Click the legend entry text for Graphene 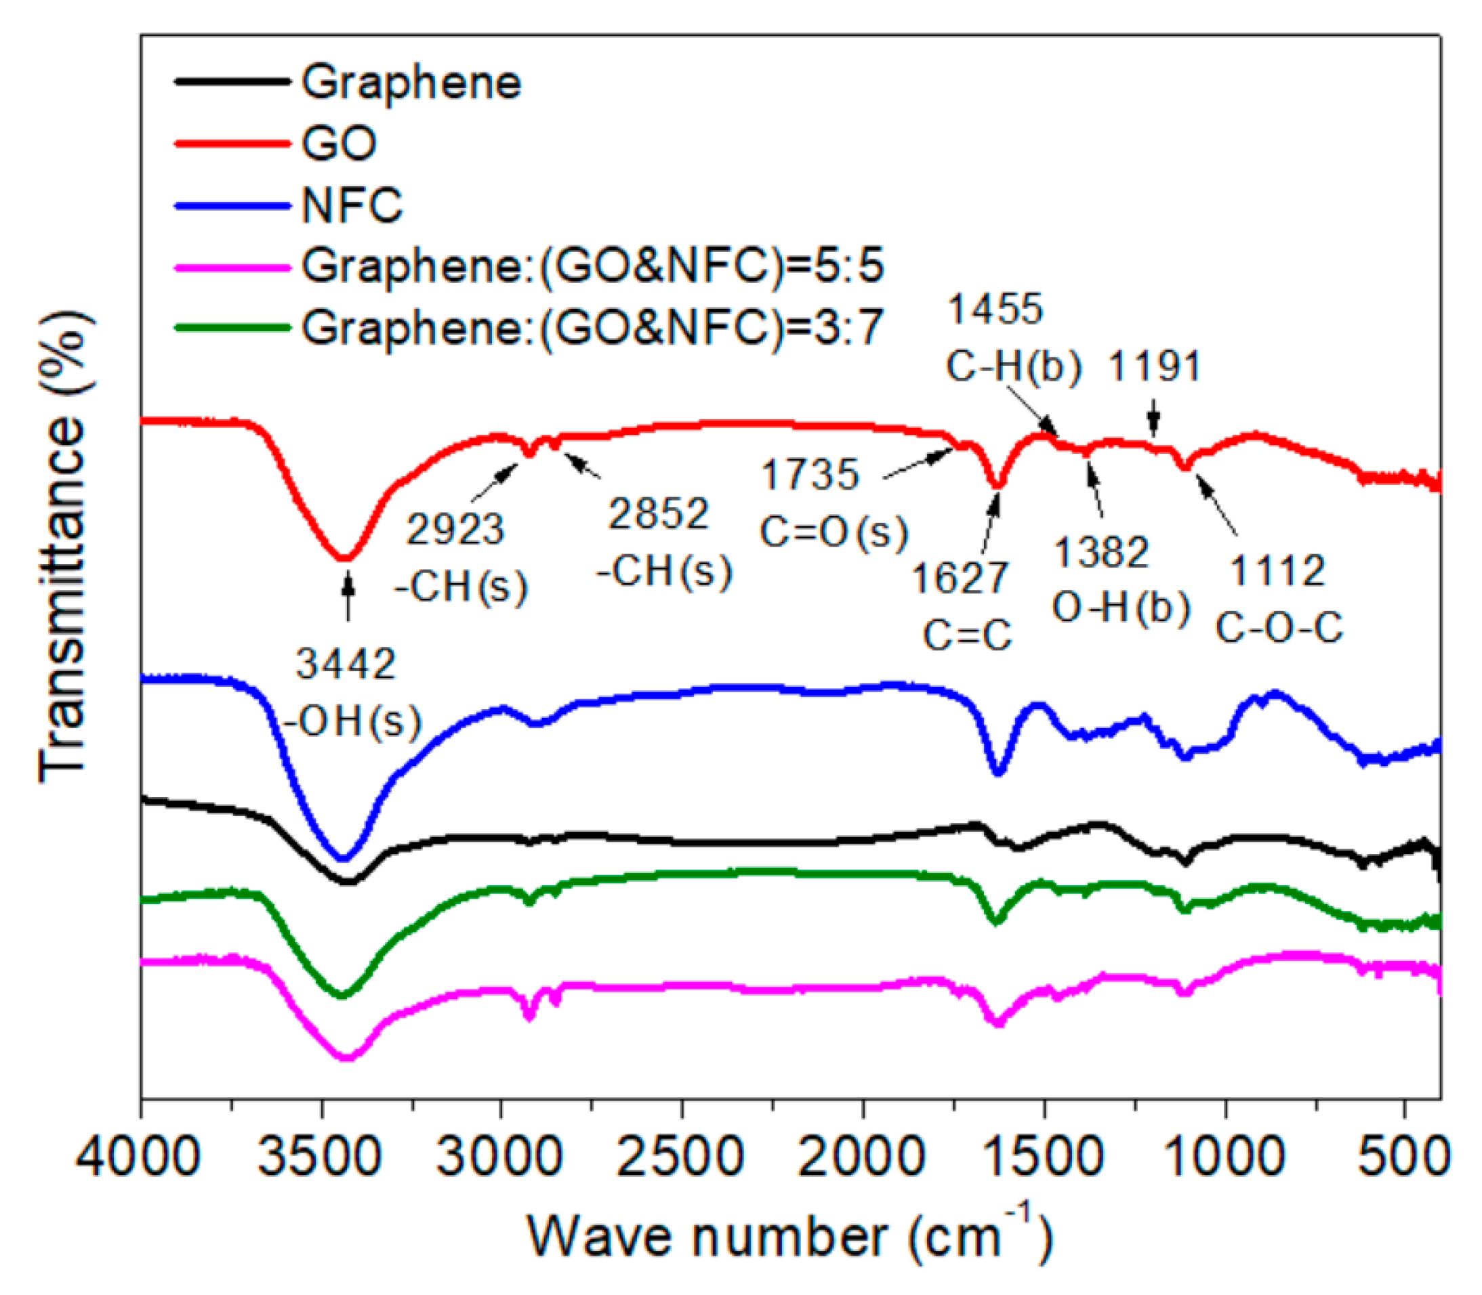[x=411, y=83]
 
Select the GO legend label [x=339, y=143]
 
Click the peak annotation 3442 [x=346, y=663]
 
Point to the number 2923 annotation [x=455, y=530]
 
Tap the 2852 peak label [x=658, y=515]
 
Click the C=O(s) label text [x=833, y=532]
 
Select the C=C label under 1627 [x=967, y=636]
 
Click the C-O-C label [x=1278, y=627]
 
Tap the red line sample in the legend [x=231, y=143]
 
